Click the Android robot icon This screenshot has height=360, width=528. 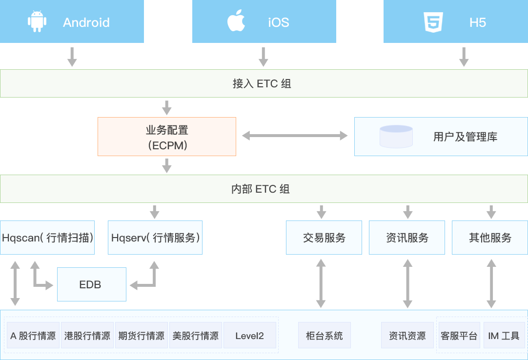click(x=37, y=22)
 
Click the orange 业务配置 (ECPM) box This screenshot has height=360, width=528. click(x=167, y=137)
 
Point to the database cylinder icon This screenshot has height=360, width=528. click(x=396, y=137)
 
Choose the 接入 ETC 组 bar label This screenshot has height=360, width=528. click(x=262, y=83)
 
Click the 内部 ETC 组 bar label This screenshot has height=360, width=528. click(x=261, y=189)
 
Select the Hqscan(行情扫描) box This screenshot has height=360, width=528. click(x=47, y=238)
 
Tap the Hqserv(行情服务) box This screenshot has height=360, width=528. click(x=155, y=238)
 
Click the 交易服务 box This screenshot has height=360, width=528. click(x=324, y=238)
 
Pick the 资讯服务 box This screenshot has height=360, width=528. click(x=407, y=238)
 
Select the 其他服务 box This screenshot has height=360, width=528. click(x=490, y=238)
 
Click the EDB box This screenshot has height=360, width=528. click(x=92, y=284)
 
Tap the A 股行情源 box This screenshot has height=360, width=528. click(x=33, y=336)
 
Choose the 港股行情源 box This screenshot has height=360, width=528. click(x=87, y=336)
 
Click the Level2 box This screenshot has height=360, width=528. click(x=249, y=336)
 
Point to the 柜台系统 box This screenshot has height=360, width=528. click(x=325, y=336)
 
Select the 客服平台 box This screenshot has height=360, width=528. click(x=459, y=336)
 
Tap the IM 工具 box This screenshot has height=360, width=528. click(x=504, y=336)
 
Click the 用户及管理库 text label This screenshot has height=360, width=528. click(x=465, y=137)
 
